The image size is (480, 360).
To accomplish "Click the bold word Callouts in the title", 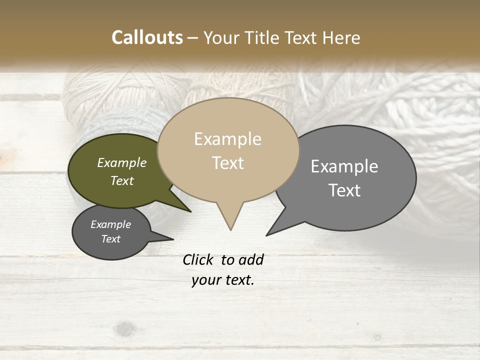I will tap(147, 37).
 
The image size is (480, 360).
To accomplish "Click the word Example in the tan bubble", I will tap(227, 139).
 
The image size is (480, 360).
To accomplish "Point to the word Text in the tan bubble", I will tap(227, 163).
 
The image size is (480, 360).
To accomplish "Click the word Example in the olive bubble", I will tap(121, 163).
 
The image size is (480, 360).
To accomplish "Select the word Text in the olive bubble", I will tap(121, 181).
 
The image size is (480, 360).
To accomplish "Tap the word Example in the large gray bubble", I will tap(344, 166).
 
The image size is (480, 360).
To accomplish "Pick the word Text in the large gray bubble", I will tap(344, 190).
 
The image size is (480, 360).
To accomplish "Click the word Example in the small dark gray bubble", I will tap(110, 224).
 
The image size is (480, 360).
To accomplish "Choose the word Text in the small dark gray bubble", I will tap(110, 239).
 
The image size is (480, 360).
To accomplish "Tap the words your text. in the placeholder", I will tap(222, 280).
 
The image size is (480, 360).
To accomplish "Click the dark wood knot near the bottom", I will tap(124, 329).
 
